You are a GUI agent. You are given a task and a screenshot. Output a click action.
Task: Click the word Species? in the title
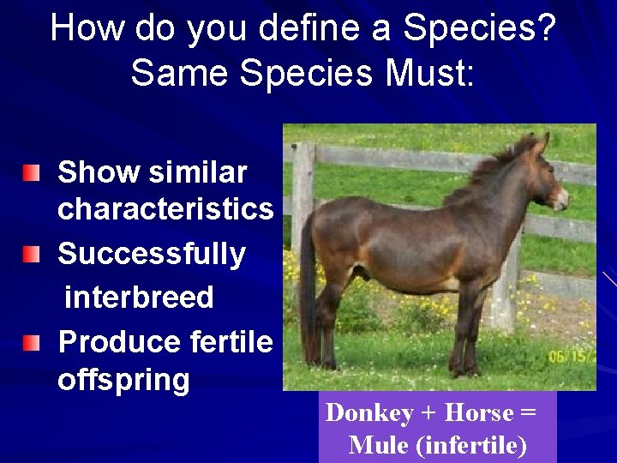[x=480, y=29]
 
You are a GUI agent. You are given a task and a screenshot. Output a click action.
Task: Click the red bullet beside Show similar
[x=31, y=174]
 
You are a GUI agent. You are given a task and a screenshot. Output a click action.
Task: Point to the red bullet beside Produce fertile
[x=31, y=344]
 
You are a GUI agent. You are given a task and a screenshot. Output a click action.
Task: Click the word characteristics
[x=165, y=209]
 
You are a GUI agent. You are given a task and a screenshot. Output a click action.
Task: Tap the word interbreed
[x=139, y=298]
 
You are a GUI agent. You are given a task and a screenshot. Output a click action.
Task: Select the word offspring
[x=123, y=380]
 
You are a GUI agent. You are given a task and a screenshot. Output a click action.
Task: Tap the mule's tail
[x=308, y=283]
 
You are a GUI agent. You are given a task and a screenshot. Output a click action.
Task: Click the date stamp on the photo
[x=570, y=354]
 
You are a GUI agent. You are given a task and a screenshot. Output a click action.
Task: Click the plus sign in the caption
[x=429, y=414]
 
